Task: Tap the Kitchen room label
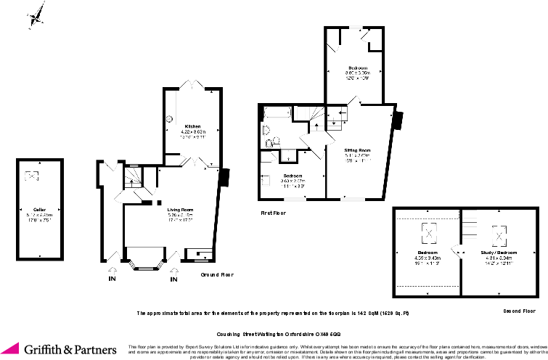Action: [x=192, y=126]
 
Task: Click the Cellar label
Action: [x=30, y=208]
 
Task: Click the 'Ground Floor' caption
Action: [x=217, y=275]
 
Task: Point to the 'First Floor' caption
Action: [x=273, y=213]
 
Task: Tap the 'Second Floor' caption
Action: [x=520, y=310]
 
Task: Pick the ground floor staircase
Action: [x=132, y=176]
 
